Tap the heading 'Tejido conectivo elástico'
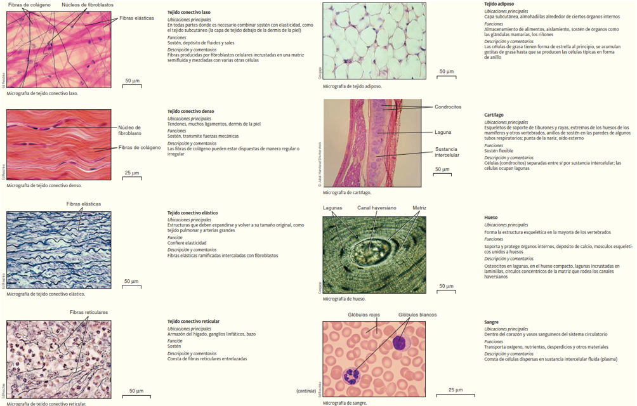tap(192, 213)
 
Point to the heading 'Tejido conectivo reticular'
tap(193, 322)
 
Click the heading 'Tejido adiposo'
tap(499, 4)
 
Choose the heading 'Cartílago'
tap(494, 115)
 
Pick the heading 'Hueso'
tap(490, 218)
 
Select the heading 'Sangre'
tap(491, 322)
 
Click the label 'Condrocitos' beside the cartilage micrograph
tap(448, 107)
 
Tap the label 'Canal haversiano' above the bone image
tap(376, 207)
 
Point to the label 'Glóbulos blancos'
tap(417, 315)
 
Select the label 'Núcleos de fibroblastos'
tap(87, 4)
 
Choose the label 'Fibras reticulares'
tap(88, 312)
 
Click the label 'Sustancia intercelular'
tap(447, 152)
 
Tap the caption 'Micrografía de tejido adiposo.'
tap(352, 86)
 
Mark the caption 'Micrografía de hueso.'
tap(344, 298)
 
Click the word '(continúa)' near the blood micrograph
tap(306, 391)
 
